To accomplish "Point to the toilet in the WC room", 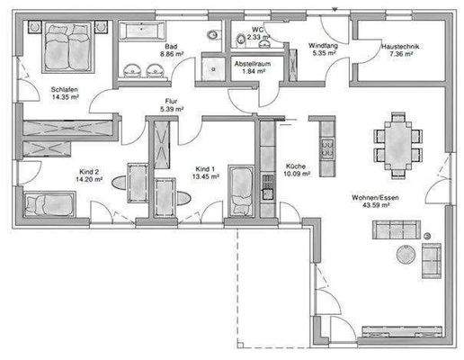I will tap(241, 39).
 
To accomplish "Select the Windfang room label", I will tap(321, 45).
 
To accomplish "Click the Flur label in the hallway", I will tap(171, 101).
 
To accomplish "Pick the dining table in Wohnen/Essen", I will tap(397, 143).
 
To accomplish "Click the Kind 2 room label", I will tap(90, 171).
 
